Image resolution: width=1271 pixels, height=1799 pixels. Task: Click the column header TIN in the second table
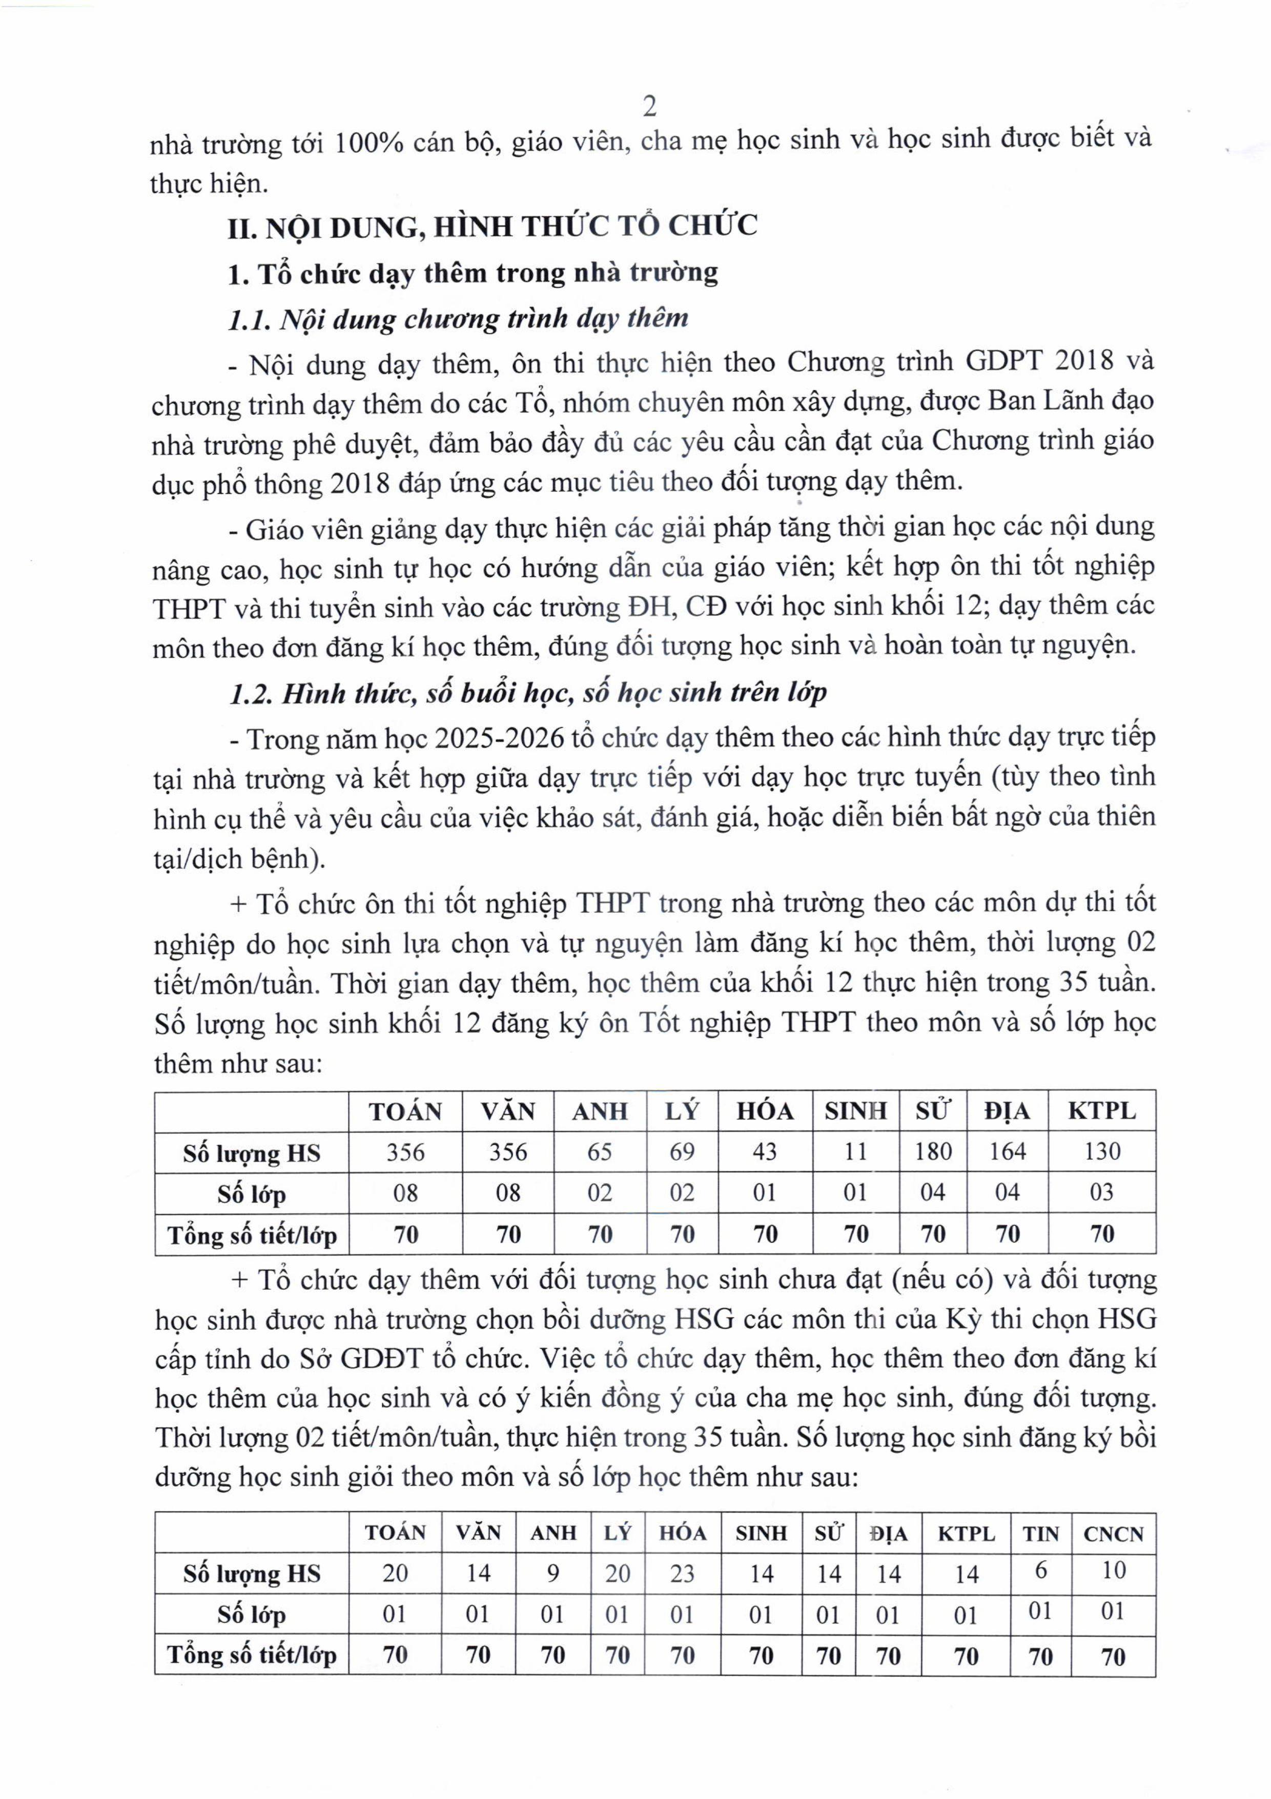[1040, 1533]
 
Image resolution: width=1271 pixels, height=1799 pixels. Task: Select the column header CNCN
[1113, 1533]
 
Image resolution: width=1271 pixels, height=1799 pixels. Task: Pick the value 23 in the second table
[682, 1573]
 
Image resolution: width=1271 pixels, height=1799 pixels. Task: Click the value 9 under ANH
[553, 1573]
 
